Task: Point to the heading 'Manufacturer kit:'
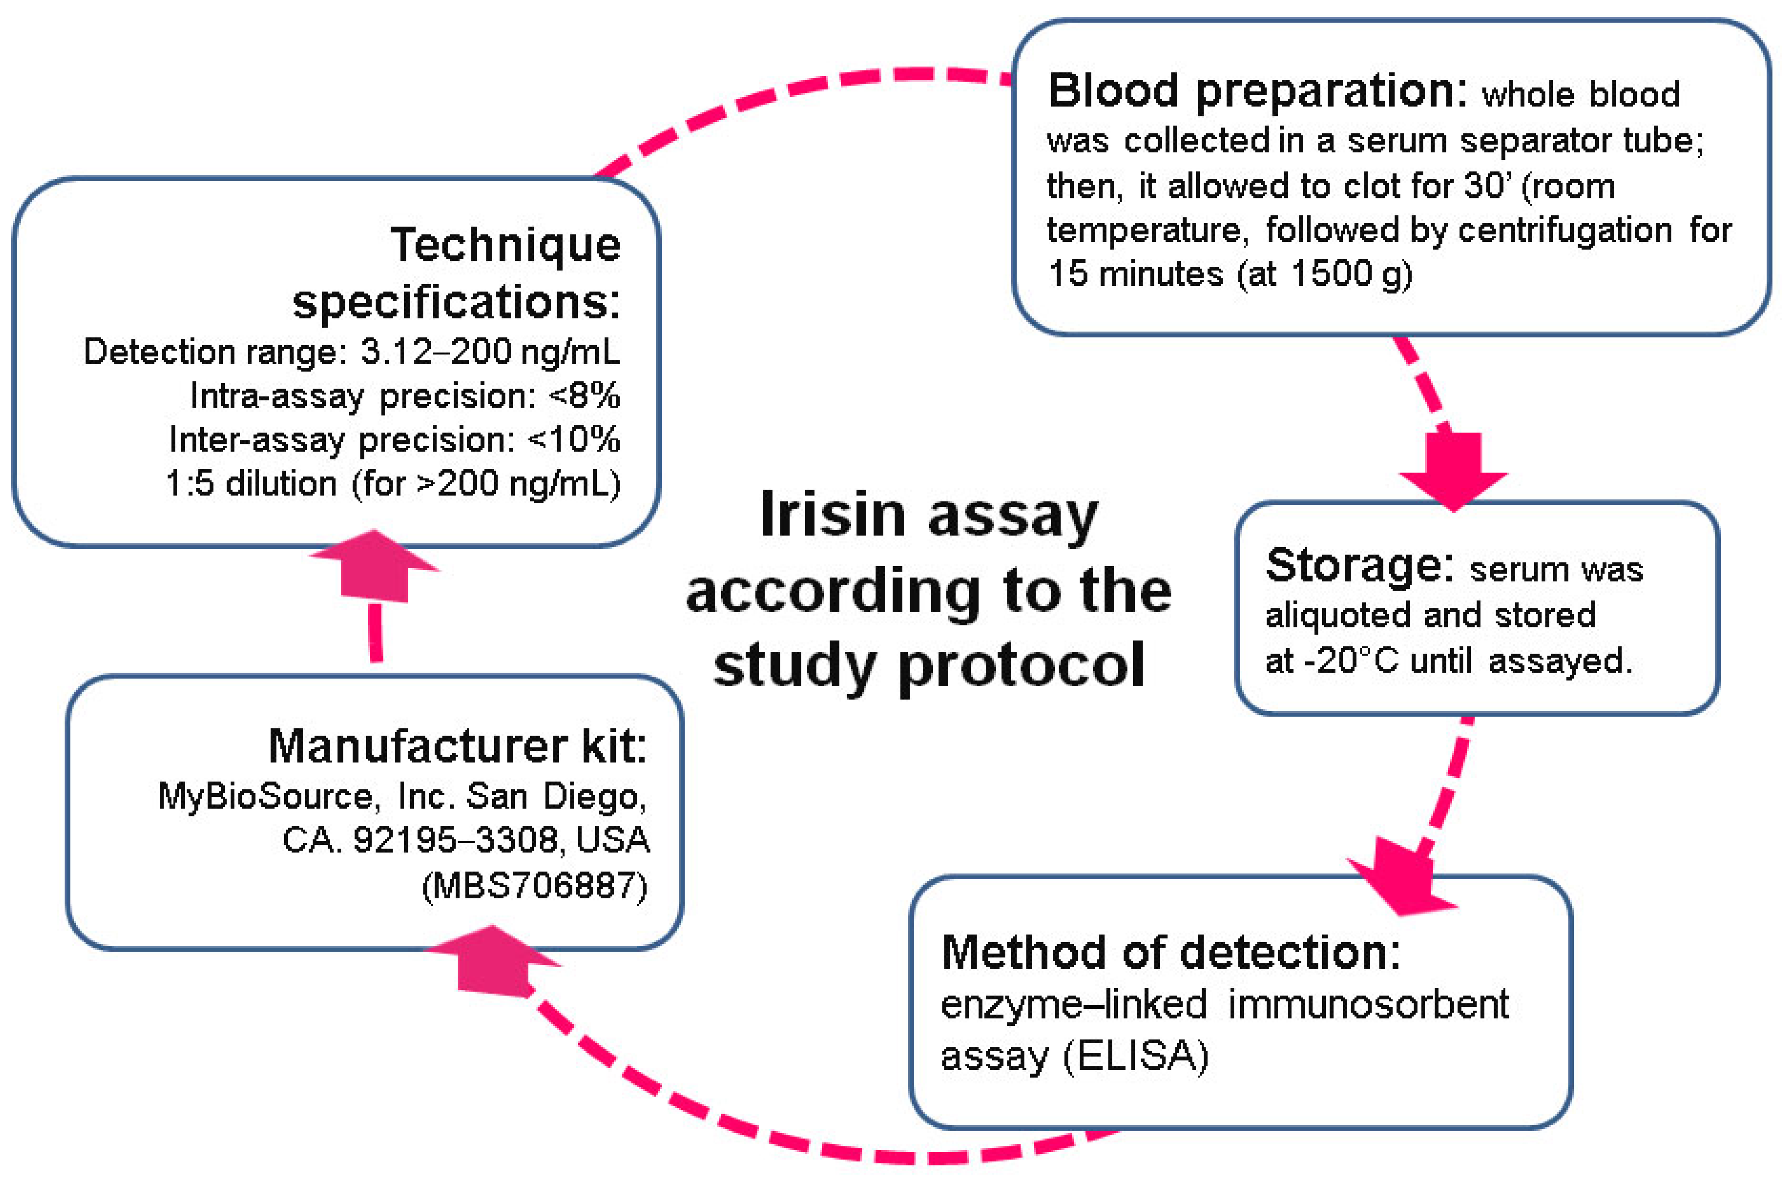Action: click(x=457, y=746)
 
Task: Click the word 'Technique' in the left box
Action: click(x=505, y=245)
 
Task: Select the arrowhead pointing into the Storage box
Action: click(x=1453, y=475)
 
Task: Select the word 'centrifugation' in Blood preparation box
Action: click(x=1565, y=230)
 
